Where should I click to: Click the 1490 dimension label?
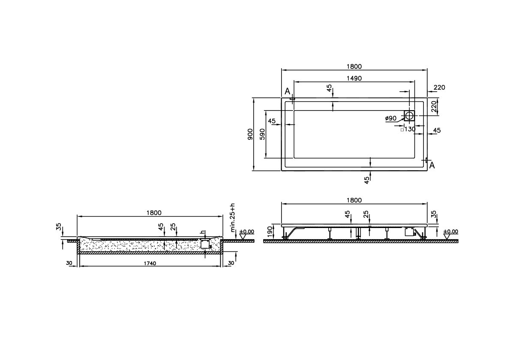(354, 78)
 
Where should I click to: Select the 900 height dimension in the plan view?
(250, 134)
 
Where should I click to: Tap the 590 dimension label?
(263, 134)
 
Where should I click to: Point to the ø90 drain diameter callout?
(390, 118)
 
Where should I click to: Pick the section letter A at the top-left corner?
(287, 91)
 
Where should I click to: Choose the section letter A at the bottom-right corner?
(432, 165)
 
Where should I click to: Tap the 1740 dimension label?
(150, 263)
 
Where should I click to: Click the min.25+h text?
(233, 218)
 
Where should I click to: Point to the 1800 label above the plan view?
(354, 67)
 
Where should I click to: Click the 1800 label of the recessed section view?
(154, 213)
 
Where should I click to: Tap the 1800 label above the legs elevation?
(354, 200)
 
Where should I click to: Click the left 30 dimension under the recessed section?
(69, 263)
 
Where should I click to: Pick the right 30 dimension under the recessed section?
(231, 263)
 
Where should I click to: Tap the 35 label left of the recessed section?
(59, 226)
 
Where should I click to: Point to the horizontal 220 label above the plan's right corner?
(439, 87)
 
